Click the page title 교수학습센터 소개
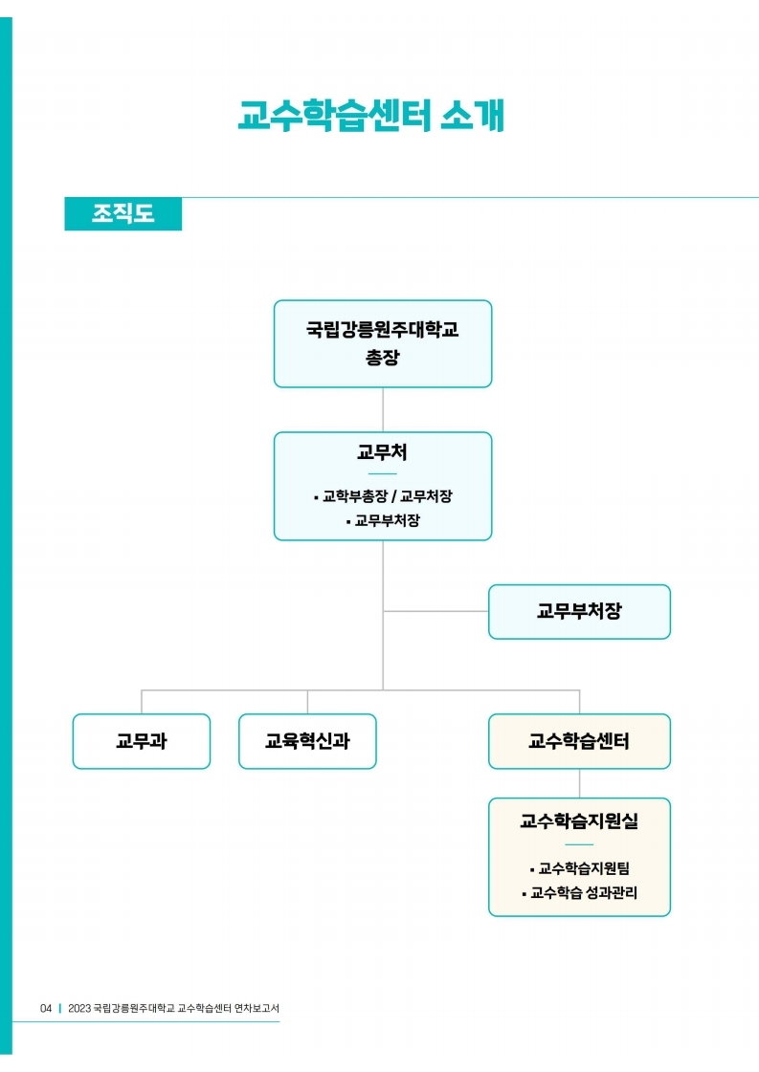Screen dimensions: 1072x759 370,116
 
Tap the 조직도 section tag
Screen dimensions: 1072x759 123,213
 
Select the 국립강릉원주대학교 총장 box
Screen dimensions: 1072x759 383,343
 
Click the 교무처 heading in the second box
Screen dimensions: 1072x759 382,452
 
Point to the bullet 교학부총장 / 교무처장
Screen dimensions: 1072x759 383,496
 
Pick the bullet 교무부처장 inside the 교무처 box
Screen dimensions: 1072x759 383,521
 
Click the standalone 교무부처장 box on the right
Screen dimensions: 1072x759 579,612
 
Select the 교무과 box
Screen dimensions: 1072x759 142,741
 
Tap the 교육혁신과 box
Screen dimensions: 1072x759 307,741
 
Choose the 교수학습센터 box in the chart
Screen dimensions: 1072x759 579,741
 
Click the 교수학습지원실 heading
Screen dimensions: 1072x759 579,820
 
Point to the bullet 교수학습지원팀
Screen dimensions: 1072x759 579,868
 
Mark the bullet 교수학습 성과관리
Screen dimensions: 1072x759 579,893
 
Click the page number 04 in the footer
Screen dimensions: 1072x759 46,1008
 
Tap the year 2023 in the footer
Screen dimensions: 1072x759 80,1008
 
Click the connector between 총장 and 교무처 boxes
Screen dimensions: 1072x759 383,409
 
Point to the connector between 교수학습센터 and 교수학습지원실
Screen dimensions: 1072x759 579,783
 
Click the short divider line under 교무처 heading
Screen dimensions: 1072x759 382,473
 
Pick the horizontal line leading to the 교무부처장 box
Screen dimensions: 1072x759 435,611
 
